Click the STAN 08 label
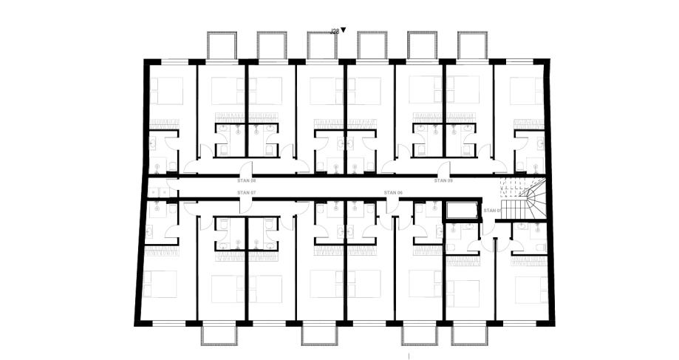[246, 180]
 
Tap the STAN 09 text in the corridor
[443, 180]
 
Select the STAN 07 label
[246, 192]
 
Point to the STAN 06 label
[395, 192]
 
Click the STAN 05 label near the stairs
[492, 210]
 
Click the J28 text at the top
[334, 32]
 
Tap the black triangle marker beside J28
[343, 31]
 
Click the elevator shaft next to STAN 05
[463, 211]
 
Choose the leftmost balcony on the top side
[221, 46]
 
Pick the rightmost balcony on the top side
[471, 46]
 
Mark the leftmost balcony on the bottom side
[221, 335]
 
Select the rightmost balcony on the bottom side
[471, 335]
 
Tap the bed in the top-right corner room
[526, 91]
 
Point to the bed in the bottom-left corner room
[162, 284]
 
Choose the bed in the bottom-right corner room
[530, 289]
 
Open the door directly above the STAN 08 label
[246, 168]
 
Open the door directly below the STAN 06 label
[393, 206]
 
